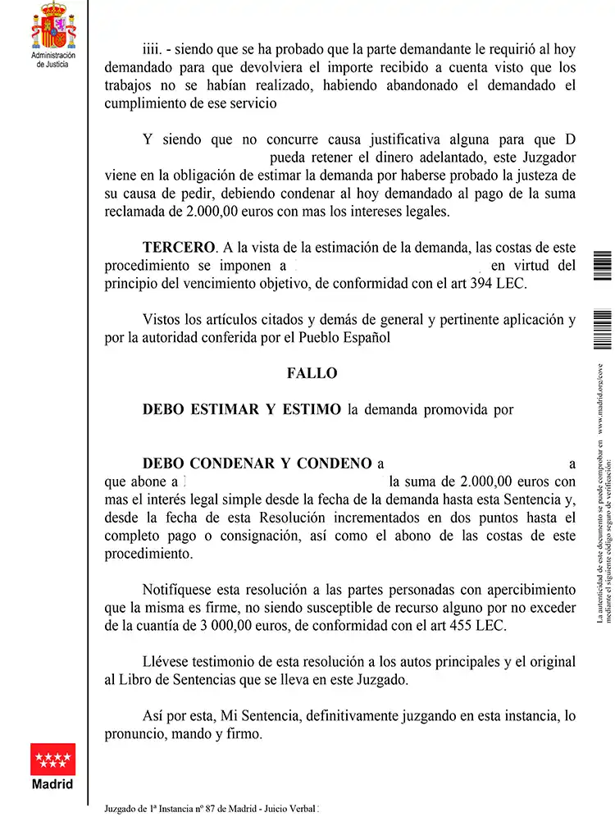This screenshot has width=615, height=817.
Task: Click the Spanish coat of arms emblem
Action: (x=53, y=25)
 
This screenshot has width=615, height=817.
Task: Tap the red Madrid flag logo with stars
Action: (x=53, y=759)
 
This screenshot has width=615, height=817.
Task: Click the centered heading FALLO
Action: (x=312, y=373)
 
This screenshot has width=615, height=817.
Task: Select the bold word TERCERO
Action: (x=178, y=248)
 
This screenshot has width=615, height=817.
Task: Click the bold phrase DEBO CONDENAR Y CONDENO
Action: (x=257, y=463)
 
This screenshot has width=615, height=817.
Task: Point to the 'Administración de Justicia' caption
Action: (x=52, y=59)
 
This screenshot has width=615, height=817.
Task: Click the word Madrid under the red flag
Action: (x=52, y=784)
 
